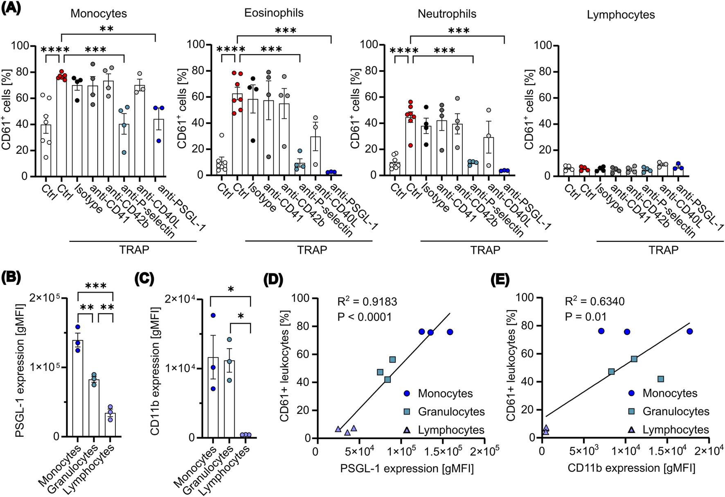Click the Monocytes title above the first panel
(99, 14)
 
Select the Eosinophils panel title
(274, 13)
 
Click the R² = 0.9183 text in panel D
(367, 302)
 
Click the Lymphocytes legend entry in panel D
(451, 430)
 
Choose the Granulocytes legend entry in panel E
(676, 411)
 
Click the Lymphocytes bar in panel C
(246, 436)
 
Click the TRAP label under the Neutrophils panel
(485, 250)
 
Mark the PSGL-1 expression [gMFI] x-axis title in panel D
(407, 468)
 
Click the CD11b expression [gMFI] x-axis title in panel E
(631, 468)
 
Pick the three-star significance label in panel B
(95, 286)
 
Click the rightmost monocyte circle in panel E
(689, 331)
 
